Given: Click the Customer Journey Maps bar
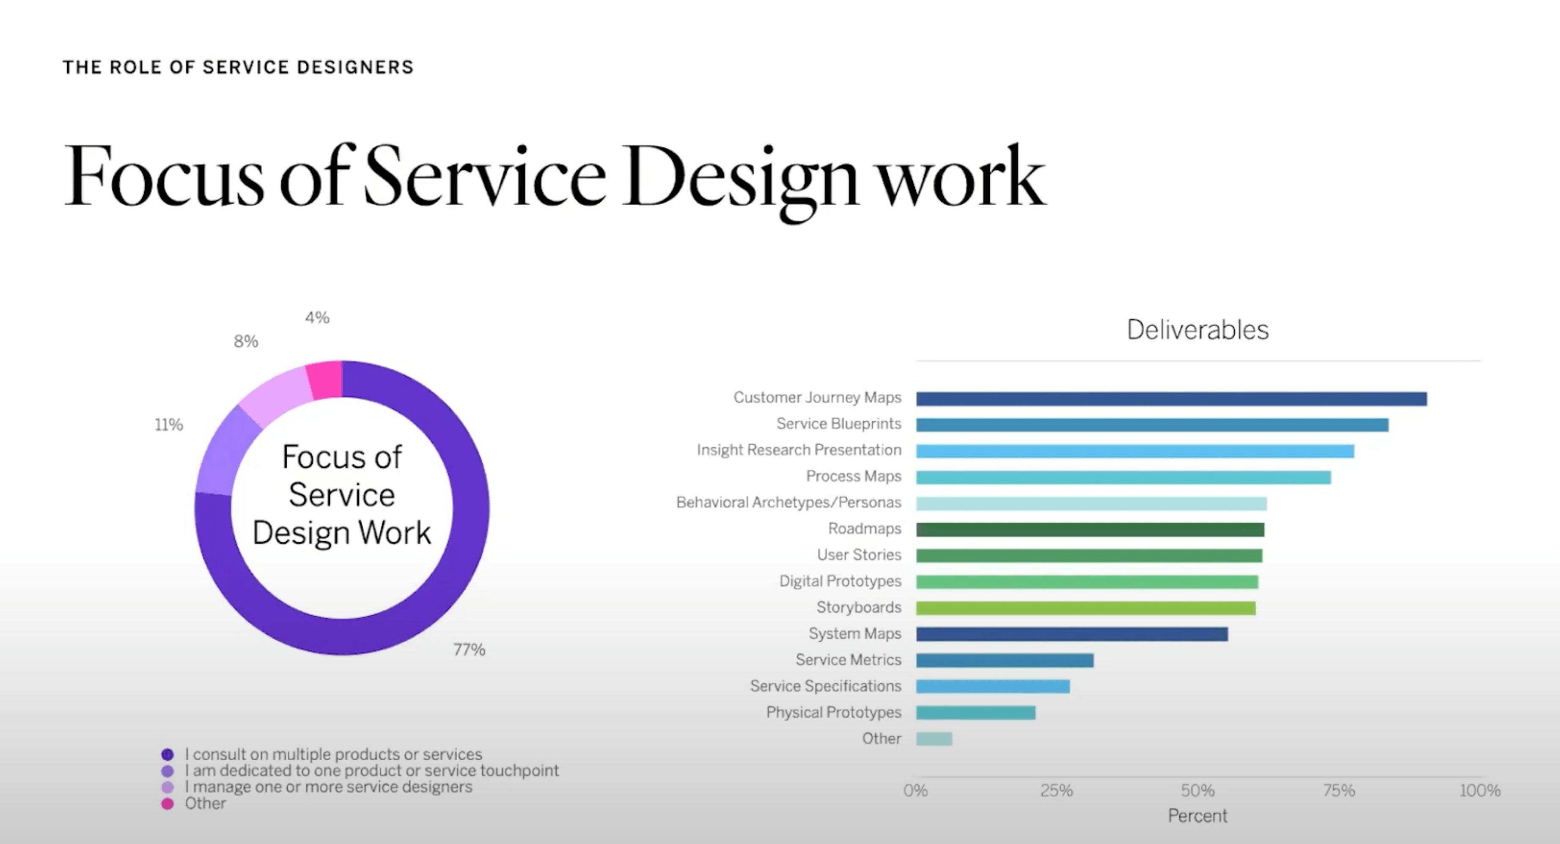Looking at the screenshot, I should [x=1171, y=398].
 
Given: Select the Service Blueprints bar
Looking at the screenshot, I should [x=1152, y=425].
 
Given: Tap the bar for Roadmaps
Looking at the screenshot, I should [x=1090, y=530].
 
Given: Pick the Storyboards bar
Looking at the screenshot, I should [x=1085, y=608].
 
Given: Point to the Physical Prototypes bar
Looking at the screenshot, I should [x=975, y=712].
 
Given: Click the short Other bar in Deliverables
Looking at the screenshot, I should [x=934, y=739].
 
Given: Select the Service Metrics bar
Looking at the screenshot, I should [x=1005, y=660].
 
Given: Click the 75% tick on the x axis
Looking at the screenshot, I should [x=1338, y=791].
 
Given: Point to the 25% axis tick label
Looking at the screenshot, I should [x=1056, y=791].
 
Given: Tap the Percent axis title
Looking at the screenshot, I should [x=1197, y=816].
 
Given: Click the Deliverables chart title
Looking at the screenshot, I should [x=1197, y=330].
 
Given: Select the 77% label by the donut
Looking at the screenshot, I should [x=470, y=649].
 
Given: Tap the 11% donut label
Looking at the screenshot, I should [x=169, y=425].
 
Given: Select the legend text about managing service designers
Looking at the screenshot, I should [x=328, y=787].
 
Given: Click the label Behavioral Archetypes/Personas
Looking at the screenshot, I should [x=788, y=502].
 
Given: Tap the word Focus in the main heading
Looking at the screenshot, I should [x=164, y=177].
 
